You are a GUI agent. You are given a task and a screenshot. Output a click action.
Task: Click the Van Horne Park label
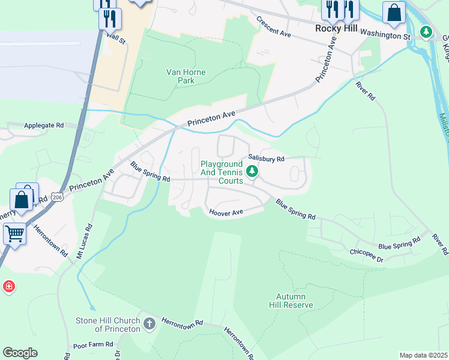185,76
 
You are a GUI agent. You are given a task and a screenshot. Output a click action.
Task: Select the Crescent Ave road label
273,27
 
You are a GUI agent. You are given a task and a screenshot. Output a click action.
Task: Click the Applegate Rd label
43,125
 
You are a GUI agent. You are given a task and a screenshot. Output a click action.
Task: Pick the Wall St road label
115,41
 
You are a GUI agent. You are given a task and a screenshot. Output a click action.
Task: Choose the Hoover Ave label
226,212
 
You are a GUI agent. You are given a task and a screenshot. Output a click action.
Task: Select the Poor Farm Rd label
93,344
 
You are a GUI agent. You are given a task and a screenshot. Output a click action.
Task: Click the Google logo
20,353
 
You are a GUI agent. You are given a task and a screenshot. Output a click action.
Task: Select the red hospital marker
8,287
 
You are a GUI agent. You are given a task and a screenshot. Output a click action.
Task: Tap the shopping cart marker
14,232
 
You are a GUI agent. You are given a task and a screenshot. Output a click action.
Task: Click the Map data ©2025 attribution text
423,355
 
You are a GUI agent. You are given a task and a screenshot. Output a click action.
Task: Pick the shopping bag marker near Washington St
394,13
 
